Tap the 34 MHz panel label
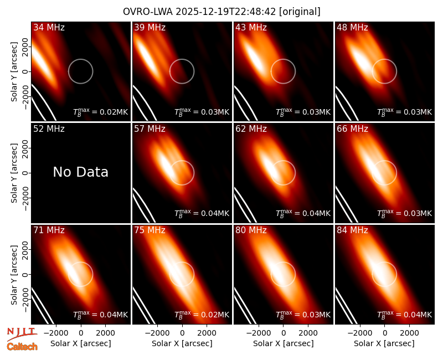click(49, 27)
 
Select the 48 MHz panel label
click(352, 27)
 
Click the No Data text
click(80, 172)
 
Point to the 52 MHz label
click(49, 129)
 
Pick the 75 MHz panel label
click(150, 230)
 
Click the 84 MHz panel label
click(352, 230)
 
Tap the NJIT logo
click(22, 334)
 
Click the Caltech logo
click(22, 347)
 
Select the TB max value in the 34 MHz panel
click(101, 112)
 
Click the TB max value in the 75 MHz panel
click(202, 314)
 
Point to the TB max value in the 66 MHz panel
click(405, 213)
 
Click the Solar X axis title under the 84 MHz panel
click(384, 343)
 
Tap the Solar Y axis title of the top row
click(14, 72)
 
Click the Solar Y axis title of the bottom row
click(14, 275)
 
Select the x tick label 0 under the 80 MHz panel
click(284, 333)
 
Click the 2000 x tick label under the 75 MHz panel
click(207, 333)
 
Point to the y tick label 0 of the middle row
click(25, 173)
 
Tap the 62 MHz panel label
click(251, 129)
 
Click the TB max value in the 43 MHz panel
click(303, 112)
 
